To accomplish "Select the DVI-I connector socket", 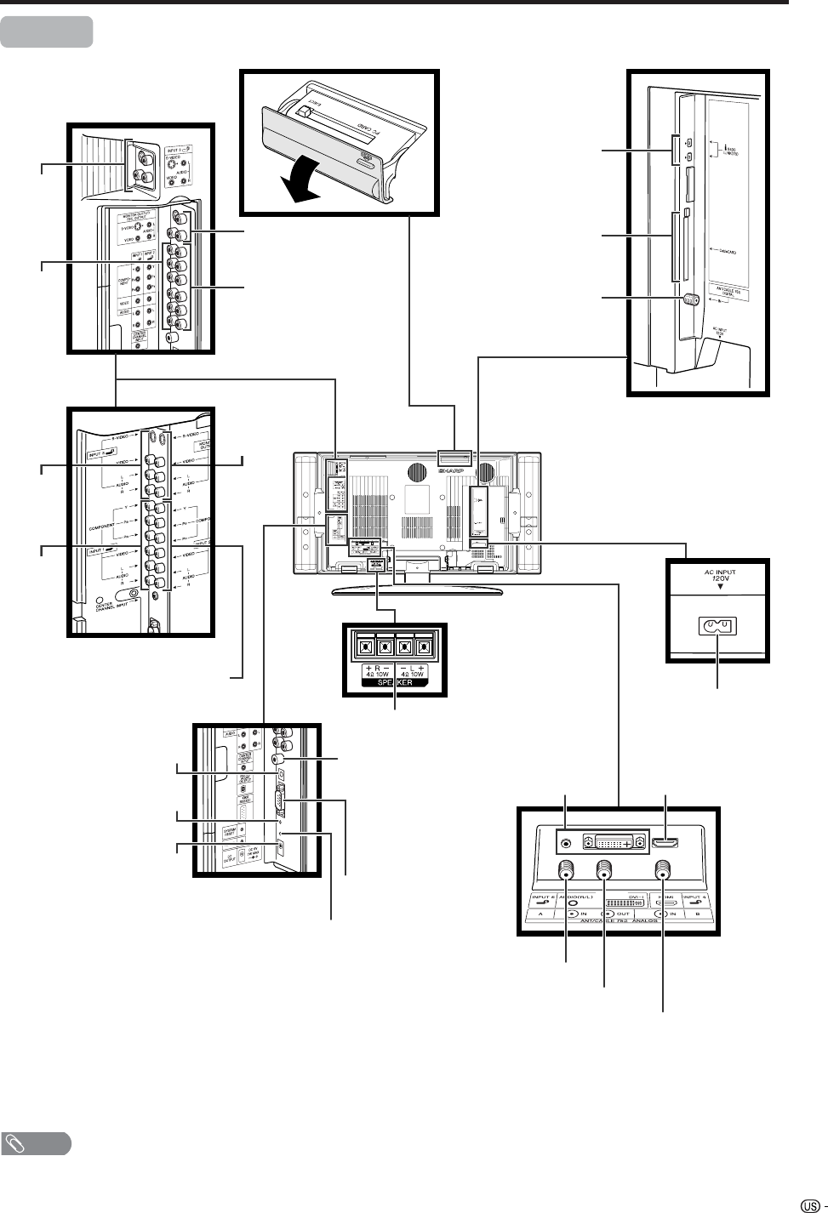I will coord(610,844).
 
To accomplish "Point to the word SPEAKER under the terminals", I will coord(394,683).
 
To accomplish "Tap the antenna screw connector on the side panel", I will coord(691,299).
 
